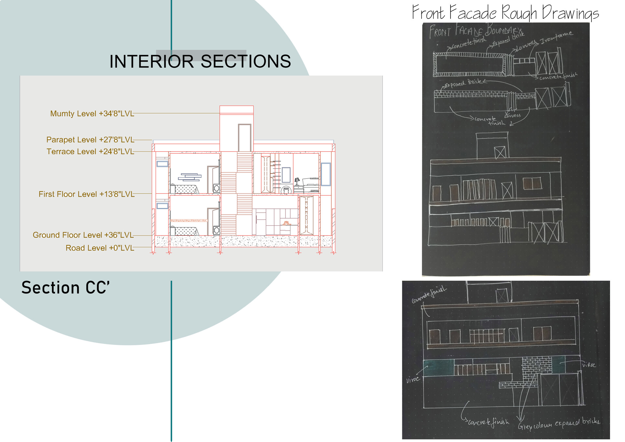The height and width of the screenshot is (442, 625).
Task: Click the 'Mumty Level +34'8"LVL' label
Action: point(92,114)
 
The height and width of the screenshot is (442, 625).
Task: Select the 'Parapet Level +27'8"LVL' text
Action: point(90,140)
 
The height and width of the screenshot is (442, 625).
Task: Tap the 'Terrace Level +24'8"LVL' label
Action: point(90,152)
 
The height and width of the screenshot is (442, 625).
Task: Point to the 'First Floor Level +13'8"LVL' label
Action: point(86,194)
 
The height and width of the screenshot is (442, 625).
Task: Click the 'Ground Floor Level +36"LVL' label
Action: point(83,235)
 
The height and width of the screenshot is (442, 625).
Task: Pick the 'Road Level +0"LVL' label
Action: point(100,248)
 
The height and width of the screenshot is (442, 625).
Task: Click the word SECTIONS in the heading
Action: point(246,62)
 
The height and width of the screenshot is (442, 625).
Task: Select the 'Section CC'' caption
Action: point(65,288)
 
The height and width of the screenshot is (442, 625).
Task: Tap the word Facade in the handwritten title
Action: point(473,13)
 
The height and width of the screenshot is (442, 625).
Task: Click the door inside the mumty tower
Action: point(244,138)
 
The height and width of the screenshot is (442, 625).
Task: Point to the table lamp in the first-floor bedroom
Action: point(297,181)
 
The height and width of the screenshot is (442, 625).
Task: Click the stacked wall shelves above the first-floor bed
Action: point(190,177)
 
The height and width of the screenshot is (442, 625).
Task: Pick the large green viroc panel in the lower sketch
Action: point(438,368)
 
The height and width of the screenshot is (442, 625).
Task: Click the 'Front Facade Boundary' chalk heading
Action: point(475,31)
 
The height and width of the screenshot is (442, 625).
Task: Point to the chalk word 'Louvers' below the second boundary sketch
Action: point(512,116)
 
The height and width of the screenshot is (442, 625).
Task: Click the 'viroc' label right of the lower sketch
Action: point(589,365)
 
